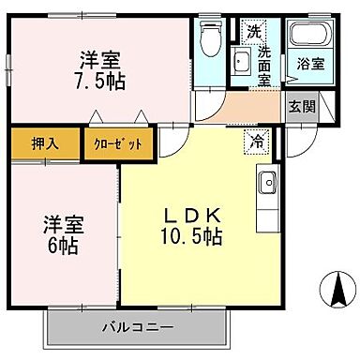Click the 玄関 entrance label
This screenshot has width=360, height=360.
(x=300, y=106)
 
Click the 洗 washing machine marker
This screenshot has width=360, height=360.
(x=254, y=30)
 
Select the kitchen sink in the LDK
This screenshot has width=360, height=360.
(x=267, y=181)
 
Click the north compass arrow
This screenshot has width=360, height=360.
(x=336, y=288)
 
